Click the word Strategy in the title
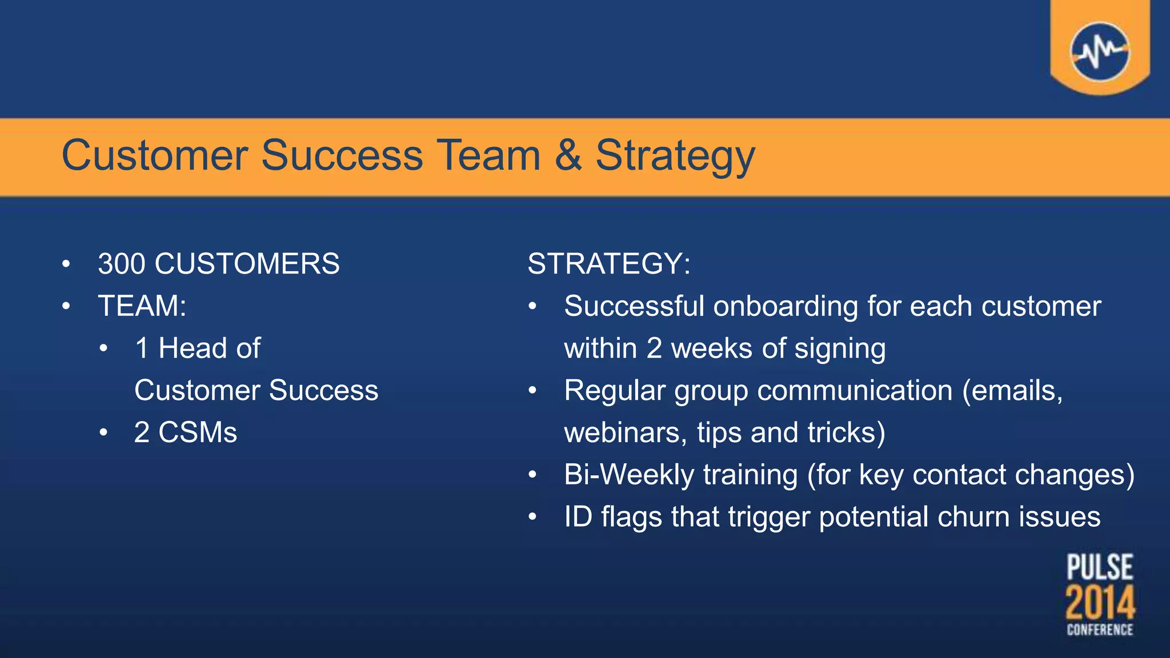point(675,156)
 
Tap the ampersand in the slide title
point(568,155)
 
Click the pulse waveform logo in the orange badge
point(1100,51)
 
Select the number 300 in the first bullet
point(121,264)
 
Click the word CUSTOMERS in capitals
point(247,264)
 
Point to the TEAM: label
point(142,306)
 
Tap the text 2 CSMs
point(185,432)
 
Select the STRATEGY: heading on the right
point(609,264)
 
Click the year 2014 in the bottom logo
point(1100,602)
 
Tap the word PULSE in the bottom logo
point(1100,567)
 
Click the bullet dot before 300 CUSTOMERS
point(66,264)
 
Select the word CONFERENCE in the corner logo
point(1100,629)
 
